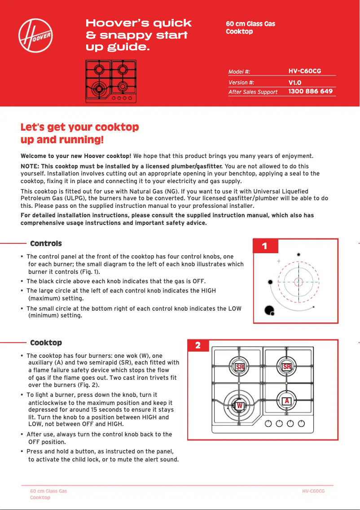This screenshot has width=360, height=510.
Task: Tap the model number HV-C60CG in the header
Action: [x=305, y=71]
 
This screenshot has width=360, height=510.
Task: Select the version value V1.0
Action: [x=294, y=83]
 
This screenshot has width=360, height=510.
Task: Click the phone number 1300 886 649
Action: [x=310, y=92]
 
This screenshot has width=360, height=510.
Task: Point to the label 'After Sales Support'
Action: [x=253, y=92]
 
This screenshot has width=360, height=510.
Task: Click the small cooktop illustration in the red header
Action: [x=111, y=81]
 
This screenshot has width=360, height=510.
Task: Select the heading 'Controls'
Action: [x=46, y=244]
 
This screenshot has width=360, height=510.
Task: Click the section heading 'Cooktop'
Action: [x=46, y=343]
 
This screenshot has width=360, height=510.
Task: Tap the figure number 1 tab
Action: [x=264, y=246]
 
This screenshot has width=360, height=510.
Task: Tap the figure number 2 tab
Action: [x=198, y=345]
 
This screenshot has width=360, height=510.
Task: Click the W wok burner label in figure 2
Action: [x=240, y=406]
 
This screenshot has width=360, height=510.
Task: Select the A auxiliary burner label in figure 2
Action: [x=286, y=400]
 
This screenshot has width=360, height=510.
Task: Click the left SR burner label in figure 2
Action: [x=240, y=367]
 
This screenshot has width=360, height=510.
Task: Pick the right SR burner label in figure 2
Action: [x=287, y=367]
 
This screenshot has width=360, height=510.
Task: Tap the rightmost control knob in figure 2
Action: [x=302, y=423]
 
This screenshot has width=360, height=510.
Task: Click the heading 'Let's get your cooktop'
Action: [x=79, y=127]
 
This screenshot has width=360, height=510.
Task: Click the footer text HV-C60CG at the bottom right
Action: [x=313, y=491]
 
